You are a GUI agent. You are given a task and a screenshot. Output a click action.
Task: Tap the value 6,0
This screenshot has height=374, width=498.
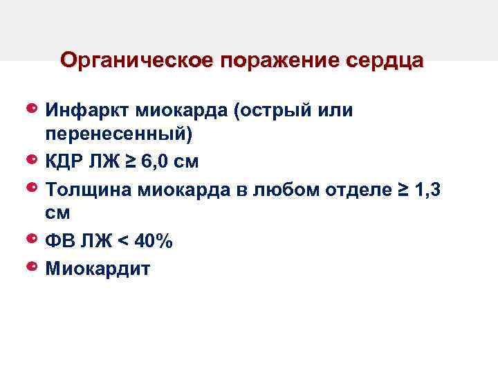[153, 162]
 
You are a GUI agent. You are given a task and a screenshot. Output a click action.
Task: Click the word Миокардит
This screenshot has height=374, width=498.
[97, 267]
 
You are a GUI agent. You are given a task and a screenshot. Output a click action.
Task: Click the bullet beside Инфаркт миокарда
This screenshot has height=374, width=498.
[32, 109]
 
